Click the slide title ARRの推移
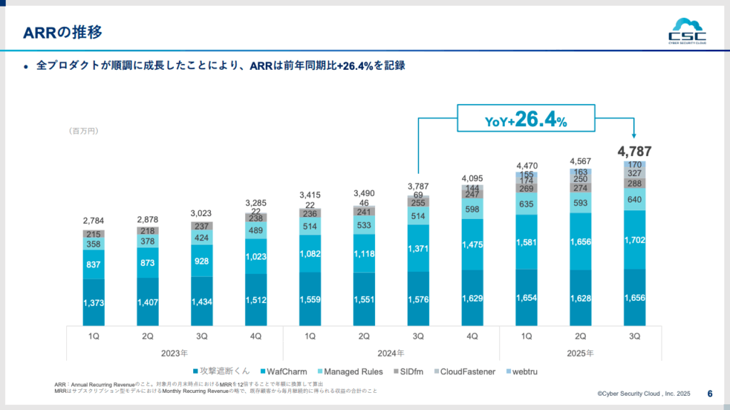coord(63,33)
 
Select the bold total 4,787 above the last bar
coord(634,151)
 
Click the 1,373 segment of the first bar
coord(93,303)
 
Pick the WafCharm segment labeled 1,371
coord(418,248)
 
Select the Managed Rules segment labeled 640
coord(634,200)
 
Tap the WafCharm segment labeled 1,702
coord(634,240)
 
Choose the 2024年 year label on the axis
coord(391,352)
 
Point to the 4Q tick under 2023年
coord(256,335)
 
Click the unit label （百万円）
coord(83,131)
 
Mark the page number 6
coord(710,393)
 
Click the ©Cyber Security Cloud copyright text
coord(644,394)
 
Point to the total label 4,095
coord(472,178)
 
